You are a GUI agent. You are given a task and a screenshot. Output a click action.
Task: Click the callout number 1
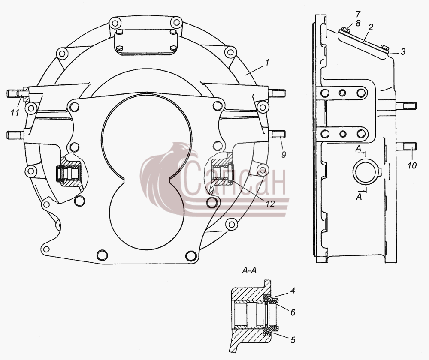[x=267, y=63]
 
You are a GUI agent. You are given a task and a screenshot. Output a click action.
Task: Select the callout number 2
[x=371, y=27]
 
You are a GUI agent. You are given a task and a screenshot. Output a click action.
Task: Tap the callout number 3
[x=403, y=52]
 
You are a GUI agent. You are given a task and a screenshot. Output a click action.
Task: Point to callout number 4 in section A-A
[x=293, y=291]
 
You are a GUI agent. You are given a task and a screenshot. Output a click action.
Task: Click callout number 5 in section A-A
[x=293, y=340]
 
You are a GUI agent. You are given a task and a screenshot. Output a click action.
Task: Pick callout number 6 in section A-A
[x=293, y=312]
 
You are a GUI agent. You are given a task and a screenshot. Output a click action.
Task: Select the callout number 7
[x=358, y=14]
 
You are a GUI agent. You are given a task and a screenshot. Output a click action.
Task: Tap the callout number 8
[x=358, y=23]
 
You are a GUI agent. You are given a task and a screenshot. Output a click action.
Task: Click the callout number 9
[x=284, y=155]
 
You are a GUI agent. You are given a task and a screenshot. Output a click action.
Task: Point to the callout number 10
[x=412, y=165]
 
